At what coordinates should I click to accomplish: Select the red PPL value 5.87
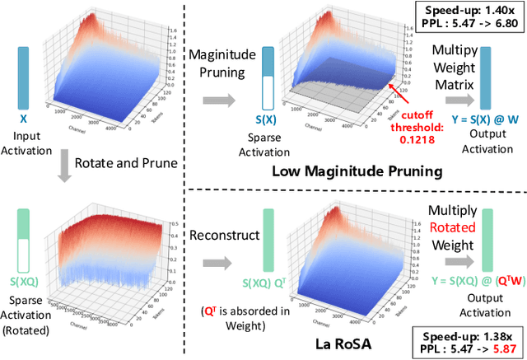click(493, 348)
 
